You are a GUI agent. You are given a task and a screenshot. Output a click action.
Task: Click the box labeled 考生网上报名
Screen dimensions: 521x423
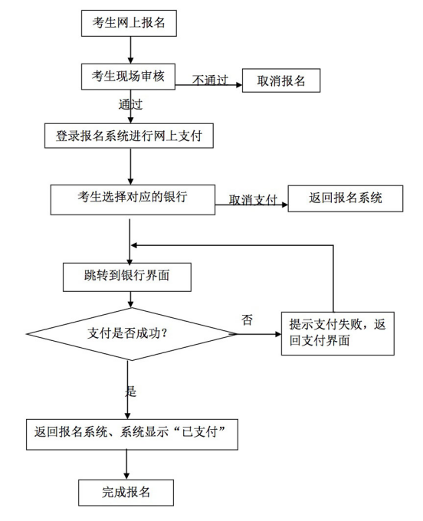[x=129, y=23]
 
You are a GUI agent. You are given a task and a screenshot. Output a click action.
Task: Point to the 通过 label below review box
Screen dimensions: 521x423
[x=130, y=104]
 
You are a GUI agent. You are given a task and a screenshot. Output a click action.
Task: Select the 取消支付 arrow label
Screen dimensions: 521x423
[x=252, y=200]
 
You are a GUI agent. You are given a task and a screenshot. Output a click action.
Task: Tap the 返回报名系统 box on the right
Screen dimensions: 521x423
[x=345, y=198]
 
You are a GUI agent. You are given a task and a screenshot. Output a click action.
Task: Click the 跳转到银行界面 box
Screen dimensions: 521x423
[x=126, y=277]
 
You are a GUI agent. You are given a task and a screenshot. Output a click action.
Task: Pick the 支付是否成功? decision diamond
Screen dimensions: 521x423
[x=130, y=334]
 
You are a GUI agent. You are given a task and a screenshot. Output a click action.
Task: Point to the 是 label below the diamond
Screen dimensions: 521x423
[x=130, y=391]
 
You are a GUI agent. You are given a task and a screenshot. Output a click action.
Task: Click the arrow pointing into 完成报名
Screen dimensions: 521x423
[x=126, y=464]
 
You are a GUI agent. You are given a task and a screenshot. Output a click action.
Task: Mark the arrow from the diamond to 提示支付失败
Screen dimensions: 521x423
[x=257, y=334]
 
